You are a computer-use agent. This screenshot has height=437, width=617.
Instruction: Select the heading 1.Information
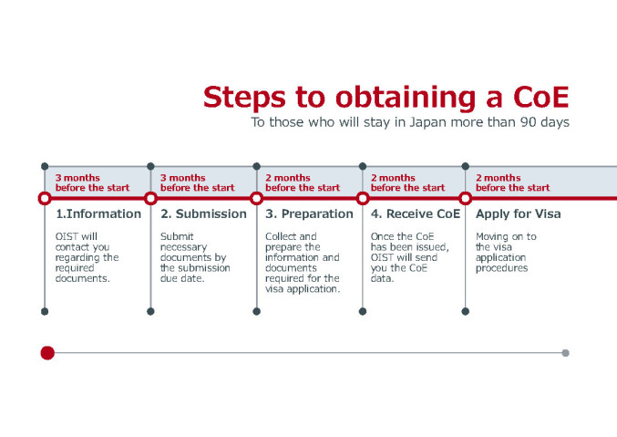(x=98, y=214)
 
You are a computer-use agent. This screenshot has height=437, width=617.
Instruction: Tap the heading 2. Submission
(x=203, y=214)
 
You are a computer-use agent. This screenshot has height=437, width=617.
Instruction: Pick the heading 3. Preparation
(x=309, y=214)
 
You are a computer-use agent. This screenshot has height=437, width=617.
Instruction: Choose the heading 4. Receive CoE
(x=414, y=214)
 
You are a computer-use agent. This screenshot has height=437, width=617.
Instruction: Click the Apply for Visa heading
(x=519, y=214)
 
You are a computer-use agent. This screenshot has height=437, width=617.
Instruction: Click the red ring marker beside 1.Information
(x=45, y=198)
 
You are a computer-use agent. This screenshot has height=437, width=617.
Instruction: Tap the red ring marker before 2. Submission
(x=150, y=198)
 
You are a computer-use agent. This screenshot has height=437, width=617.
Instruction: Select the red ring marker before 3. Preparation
(x=256, y=198)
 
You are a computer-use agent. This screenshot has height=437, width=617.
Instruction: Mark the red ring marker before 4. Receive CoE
(x=363, y=198)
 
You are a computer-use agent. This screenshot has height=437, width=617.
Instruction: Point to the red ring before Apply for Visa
(x=465, y=198)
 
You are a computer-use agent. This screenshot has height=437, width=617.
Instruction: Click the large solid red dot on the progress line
(x=47, y=353)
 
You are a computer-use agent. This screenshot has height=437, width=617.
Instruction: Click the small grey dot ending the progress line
(x=565, y=353)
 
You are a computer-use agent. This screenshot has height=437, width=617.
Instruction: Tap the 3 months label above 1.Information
(x=77, y=178)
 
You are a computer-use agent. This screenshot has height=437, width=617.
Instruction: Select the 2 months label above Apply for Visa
(x=499, y=178)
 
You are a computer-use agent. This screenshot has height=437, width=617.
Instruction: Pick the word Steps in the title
(x=242, y=97)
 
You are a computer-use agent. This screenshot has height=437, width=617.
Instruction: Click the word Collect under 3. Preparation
(x=283, y=236)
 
